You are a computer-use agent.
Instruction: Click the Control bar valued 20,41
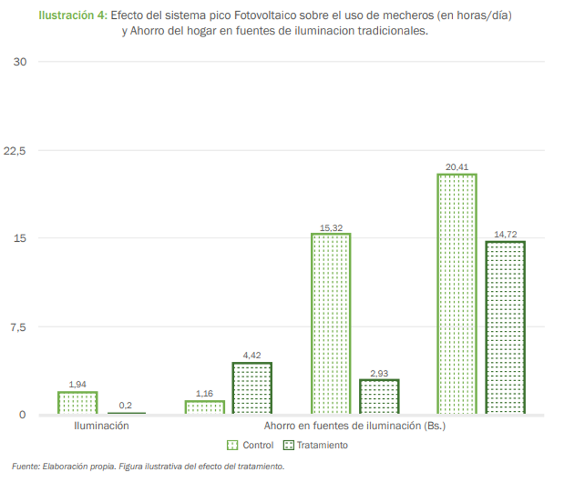tap(457, 294)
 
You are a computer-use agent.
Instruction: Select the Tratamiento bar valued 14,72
tap(505, 327)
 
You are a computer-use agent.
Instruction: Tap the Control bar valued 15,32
tap(331, 323)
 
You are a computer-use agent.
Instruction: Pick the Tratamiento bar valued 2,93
tap(379, 397)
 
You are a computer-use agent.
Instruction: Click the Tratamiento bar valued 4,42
tap(252, 388)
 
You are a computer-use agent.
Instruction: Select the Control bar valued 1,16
tap(204, 407)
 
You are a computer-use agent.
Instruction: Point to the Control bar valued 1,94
tap(77, 402)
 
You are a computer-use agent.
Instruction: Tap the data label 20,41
tap(457, 167)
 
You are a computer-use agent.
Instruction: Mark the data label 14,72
tap(505, 234)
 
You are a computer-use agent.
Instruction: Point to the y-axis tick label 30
tap(19, 62)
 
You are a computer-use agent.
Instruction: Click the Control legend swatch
tap(232, 445)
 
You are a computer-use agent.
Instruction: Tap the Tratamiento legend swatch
tap(289, 445)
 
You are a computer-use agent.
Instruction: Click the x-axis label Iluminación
tap(101, 426)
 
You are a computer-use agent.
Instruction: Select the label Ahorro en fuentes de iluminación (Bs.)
tap(354, 426)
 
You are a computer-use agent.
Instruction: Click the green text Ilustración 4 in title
tap(72, 15)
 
